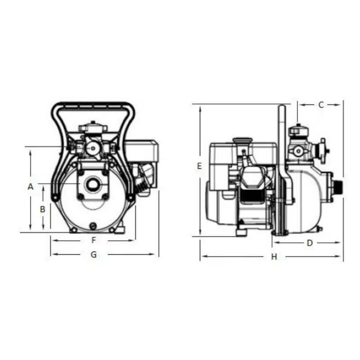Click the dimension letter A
(x=31, y=187)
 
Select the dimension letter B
(x=43, y=209)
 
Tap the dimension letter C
(x=321, y=105)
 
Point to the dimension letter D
(x=310, y=243)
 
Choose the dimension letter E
(x=199, y=166)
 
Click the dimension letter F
(x=94, y=240)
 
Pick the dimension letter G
(x=94, y=254)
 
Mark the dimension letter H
(x=274, y=256)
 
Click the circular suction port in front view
(x=93, y=184)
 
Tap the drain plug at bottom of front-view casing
(x=93, y=226)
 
